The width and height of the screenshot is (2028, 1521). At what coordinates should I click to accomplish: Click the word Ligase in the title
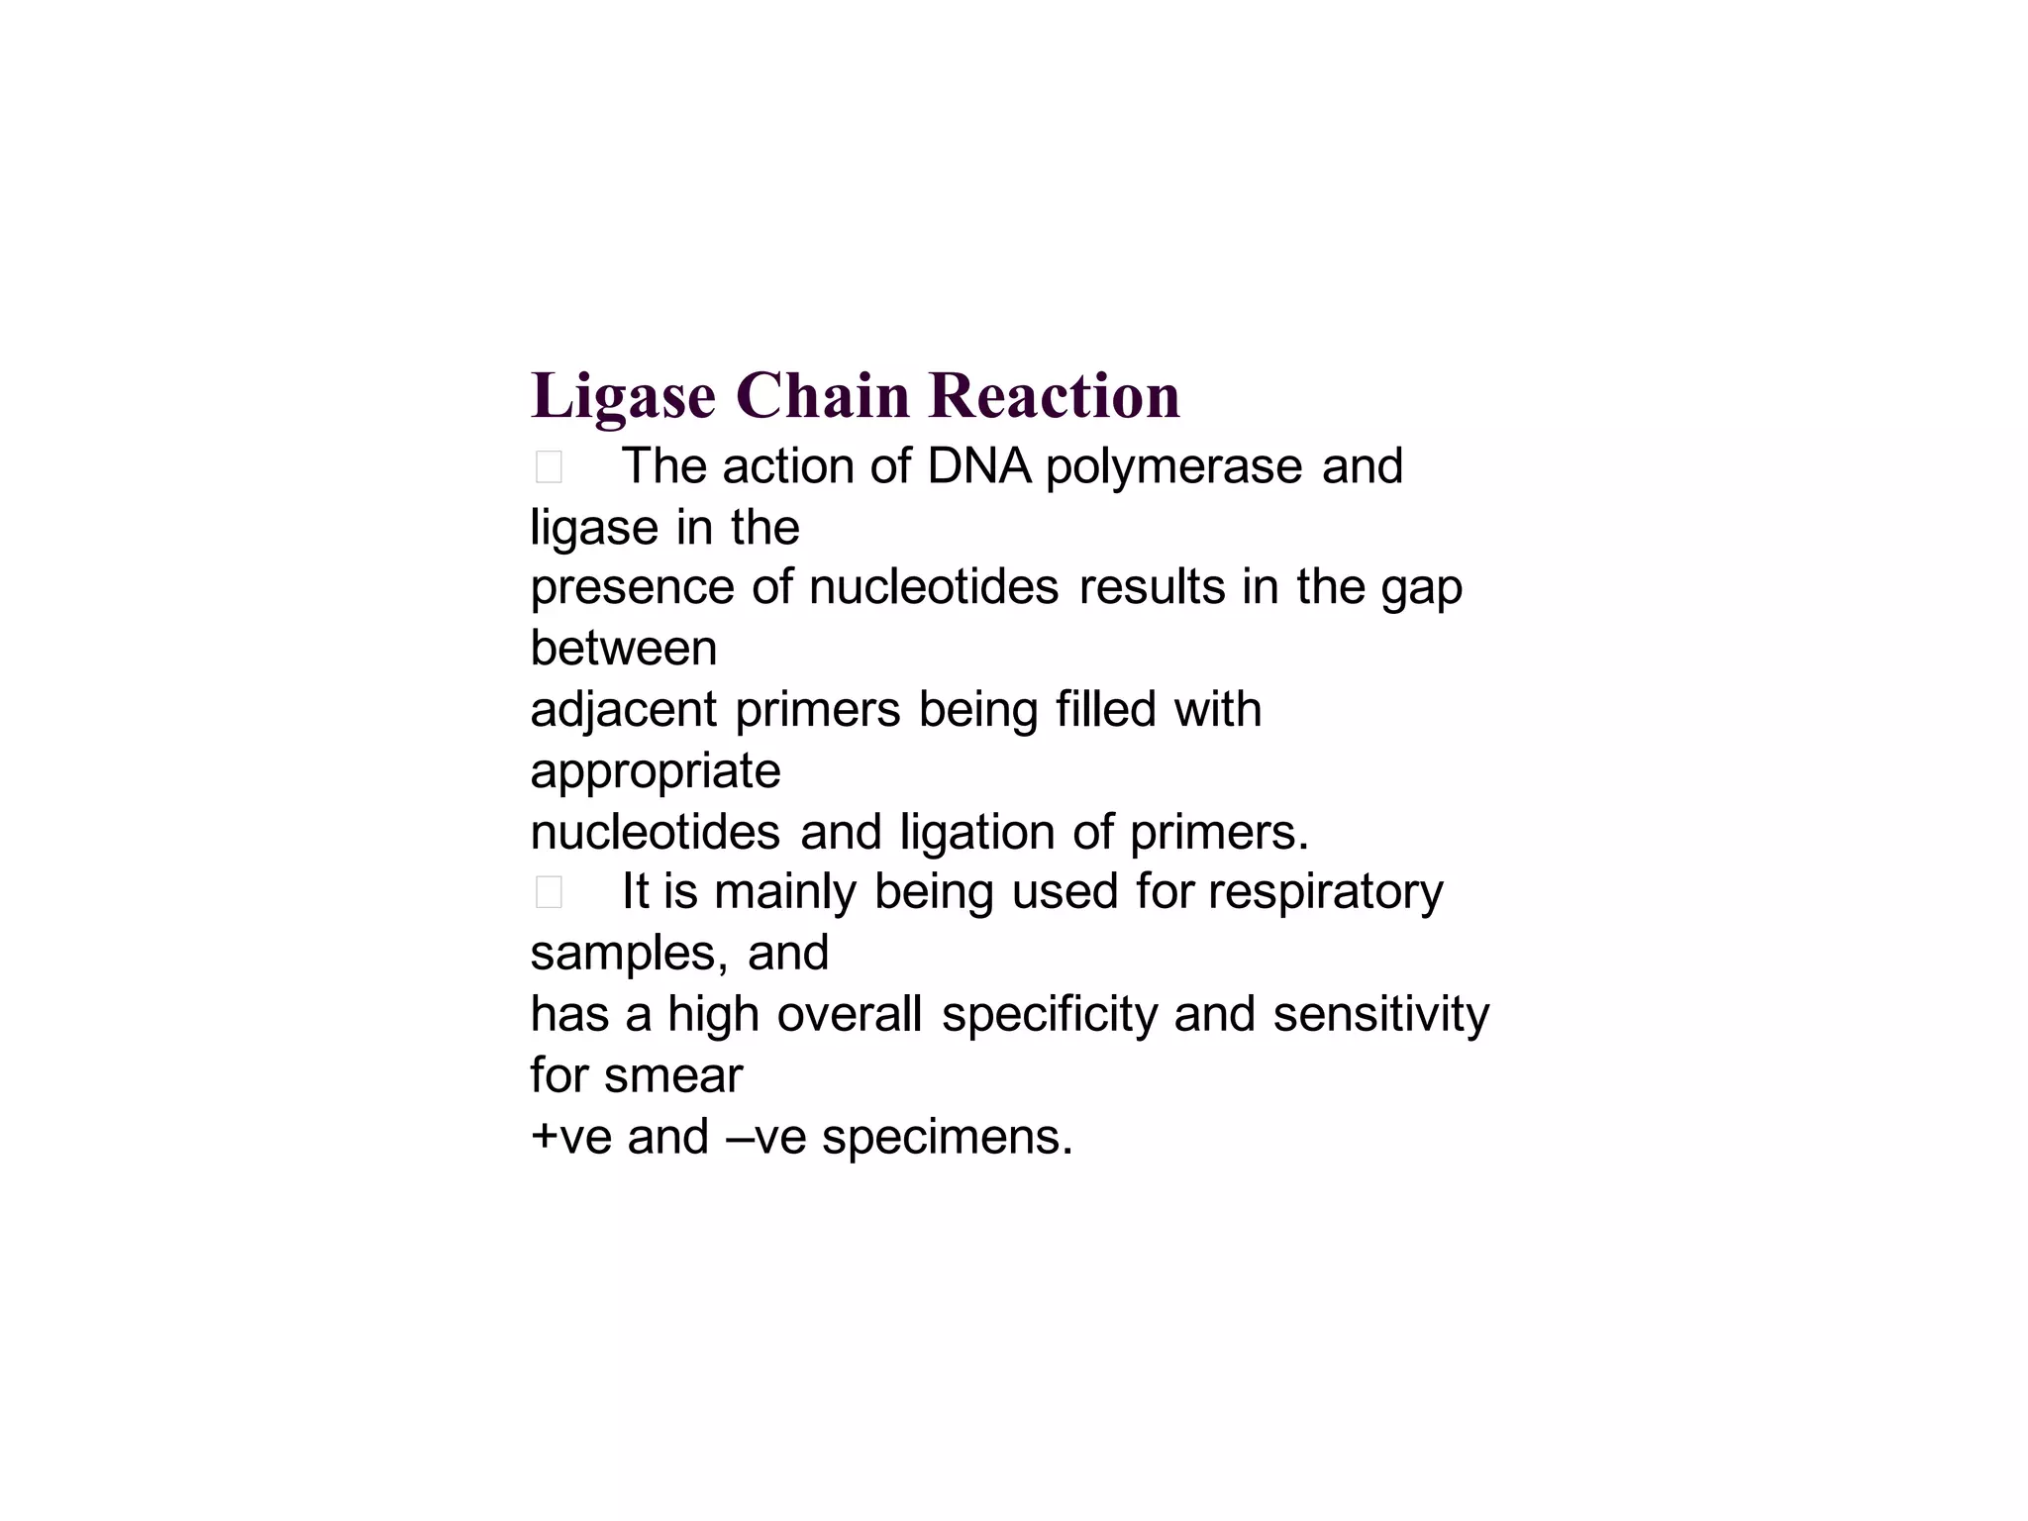click(x=623, y=397)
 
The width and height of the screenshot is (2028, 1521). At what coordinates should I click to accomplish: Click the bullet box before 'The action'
click(x=549, y=466)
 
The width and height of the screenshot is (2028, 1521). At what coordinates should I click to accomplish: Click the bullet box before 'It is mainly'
click(x=549, y=892)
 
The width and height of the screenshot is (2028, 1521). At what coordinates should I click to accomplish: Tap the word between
click(x=624, y=649)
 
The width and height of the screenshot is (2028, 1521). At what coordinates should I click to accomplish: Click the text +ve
click(x=571, y=1138)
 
